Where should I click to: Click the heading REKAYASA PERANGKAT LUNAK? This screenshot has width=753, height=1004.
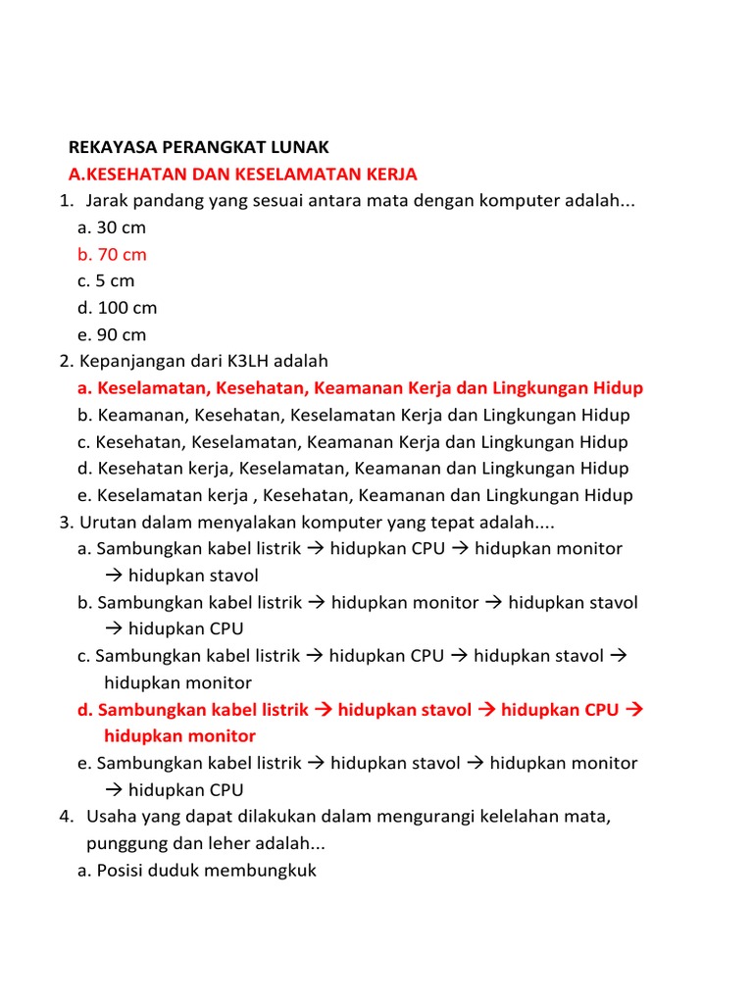point(199,147)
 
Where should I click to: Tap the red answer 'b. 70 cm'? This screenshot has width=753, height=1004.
point(112,255)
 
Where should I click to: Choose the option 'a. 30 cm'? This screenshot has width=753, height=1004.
point(111,227)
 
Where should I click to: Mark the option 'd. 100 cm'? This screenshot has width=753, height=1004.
point(117,308)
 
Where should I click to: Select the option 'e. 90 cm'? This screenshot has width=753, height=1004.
point(111,334)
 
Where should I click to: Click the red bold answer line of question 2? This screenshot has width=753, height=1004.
point(360,388)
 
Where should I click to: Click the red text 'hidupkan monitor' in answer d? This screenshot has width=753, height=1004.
point(179,736)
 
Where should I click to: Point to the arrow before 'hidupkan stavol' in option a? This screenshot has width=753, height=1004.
point(114,576)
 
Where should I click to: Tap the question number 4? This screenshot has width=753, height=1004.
point(65,816)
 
